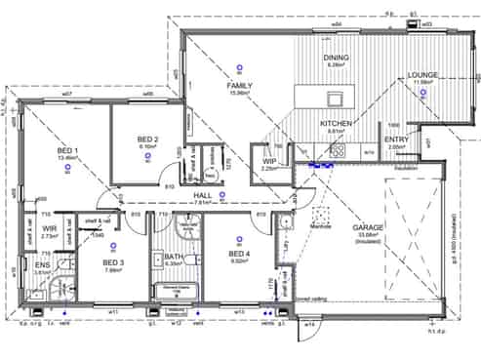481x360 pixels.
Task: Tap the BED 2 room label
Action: coord(148,139)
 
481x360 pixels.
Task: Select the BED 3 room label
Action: coord(113,262)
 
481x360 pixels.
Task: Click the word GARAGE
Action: coord(368,227)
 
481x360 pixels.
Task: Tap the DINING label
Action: coord(336,58)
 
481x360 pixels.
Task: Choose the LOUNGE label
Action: coord(422,75)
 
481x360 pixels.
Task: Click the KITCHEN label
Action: coord(336,124)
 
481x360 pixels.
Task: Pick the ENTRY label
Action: coord(397,140)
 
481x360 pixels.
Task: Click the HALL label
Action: coord(203,196)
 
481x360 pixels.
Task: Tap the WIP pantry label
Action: coord(269,162)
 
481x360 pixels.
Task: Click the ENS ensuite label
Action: coord(43,265)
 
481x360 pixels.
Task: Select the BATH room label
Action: coord(176,257)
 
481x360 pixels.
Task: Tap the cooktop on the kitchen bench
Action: coord(338,151)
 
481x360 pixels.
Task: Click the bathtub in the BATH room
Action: coord(176,291)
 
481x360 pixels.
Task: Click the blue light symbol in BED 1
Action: coord(67,169)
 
